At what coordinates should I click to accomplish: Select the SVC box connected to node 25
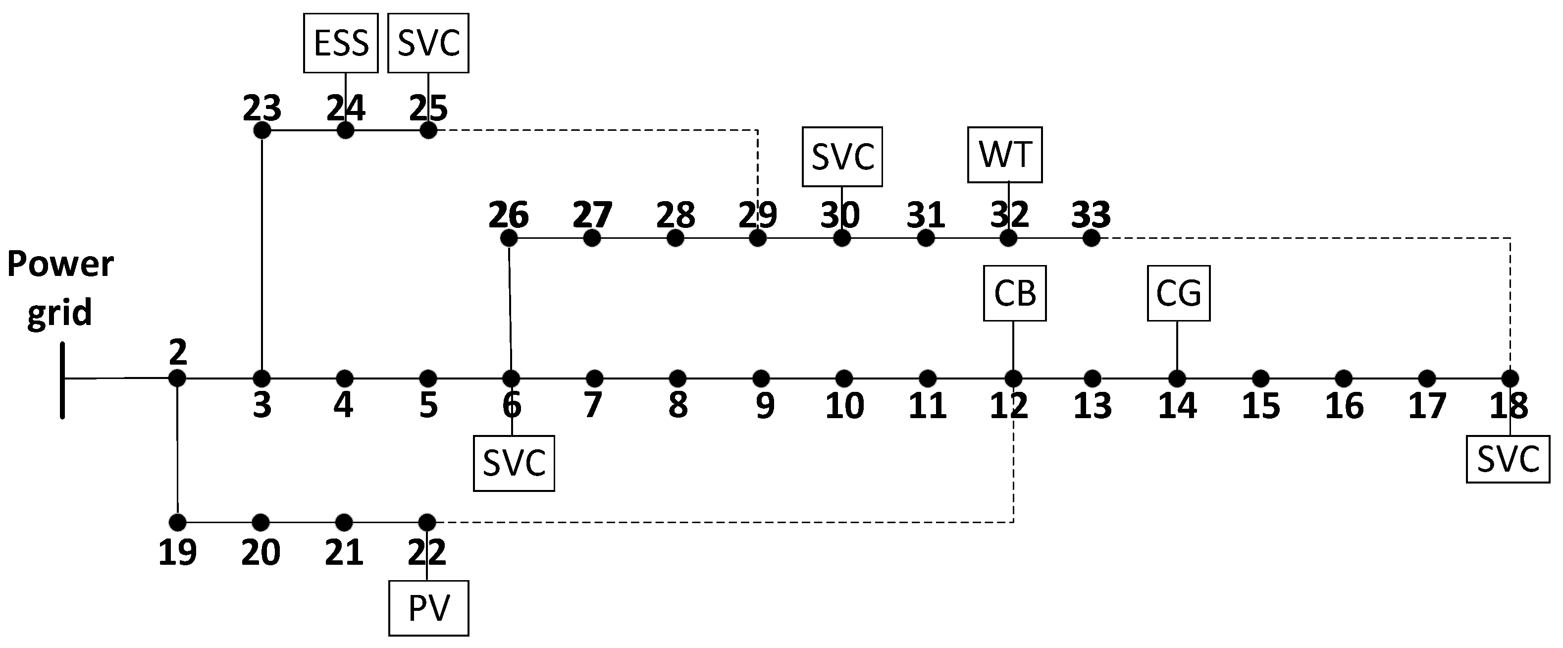pyautogui.click(x=428, y=43)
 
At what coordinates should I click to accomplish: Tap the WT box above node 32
pyautogui.click(x=1005, y=154)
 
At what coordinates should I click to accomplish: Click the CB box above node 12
pyautogui.click(x=1014, y=293)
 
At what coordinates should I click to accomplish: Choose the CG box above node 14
pyautogui.click(x=1178, y=293)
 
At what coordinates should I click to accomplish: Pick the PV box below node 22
pyautogui.click(x=428, y=608)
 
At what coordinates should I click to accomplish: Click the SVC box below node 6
pyautogui.click(x=514, y=463)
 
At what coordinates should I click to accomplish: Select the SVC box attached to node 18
pyautogui.click(x=1508, y=459)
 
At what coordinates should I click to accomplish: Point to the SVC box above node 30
pyautogui.click(x=842, y=157)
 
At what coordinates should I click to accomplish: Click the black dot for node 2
pyautogui.click(x=177, y=378)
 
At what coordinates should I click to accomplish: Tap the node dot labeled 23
pyautogui.click(x=261, y=130)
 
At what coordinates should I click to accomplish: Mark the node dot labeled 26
pyautogui.click(x=509, y=238)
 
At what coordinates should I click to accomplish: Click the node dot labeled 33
pyautogui.click(x=1091, y=238)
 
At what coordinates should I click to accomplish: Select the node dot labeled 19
pyautogui.click(x=177, y=522)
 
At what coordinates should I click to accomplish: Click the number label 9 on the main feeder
pyautogui.click(x=765, y=405)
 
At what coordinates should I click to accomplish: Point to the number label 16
pyautogui.click(x=1344, y=405)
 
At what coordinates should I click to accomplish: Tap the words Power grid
pyautogui.click(x=59, y=288)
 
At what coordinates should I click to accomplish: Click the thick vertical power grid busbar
pyautogui.click(x=62, y=380)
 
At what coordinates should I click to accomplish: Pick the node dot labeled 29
pyautogui.click(x=757, y=238)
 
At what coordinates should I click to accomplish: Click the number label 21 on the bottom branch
pyautogui.click(x=344, y=552)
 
